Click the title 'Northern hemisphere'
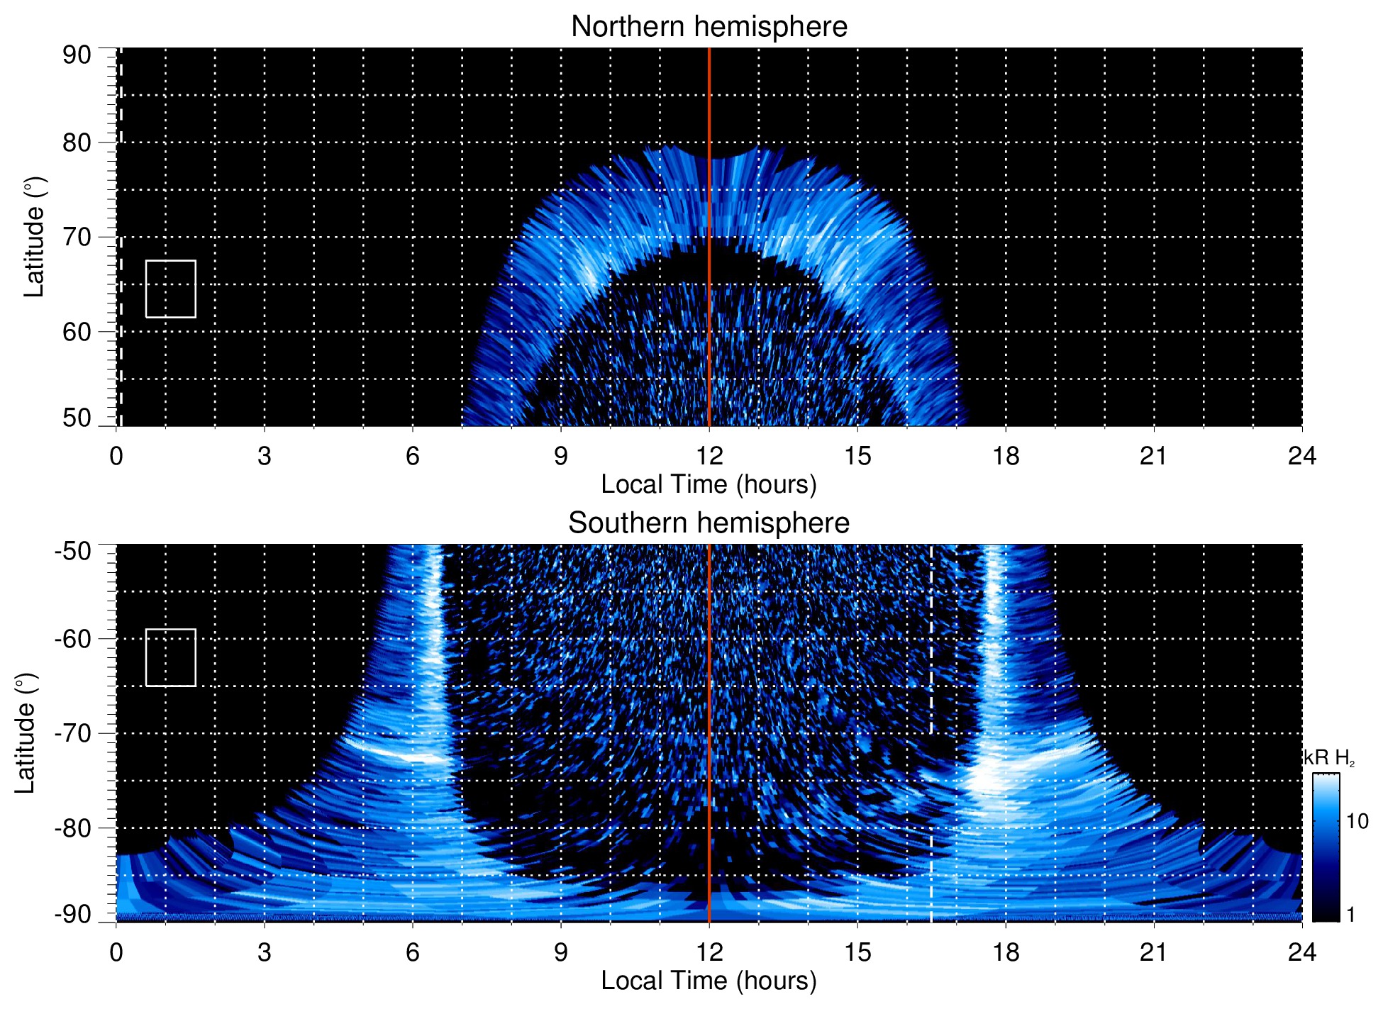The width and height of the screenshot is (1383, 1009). point(709,27)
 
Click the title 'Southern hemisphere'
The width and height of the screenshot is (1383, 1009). point(709,523)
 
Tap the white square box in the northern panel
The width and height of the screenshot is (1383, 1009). point(171,289)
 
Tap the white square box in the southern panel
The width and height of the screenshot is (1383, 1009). point(171,657)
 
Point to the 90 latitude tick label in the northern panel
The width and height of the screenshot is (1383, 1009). point(77,55)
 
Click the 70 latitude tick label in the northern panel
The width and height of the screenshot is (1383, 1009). point(77,237)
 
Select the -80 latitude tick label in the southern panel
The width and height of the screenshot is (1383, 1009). point(73,828)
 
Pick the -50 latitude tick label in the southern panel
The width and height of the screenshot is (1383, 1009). point(73,551)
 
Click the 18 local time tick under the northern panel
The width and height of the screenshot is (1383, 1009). point(1006,456)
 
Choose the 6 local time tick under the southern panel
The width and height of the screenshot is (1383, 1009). point(413,952)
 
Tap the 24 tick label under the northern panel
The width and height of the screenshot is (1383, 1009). point(1301,456)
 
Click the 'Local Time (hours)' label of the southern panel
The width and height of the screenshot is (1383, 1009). point(709,981)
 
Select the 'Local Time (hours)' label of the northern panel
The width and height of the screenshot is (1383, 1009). point(709,484)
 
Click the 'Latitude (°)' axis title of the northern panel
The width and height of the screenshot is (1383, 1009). point(34,237)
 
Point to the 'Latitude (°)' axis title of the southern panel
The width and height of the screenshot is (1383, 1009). point(26,733)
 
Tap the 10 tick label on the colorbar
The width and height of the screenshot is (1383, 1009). point(1357,821)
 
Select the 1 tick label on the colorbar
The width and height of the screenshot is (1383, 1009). point(1350,915)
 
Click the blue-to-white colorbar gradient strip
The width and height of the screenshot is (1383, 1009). point(1325,847)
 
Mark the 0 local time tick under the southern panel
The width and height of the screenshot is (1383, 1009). point(116,952)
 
